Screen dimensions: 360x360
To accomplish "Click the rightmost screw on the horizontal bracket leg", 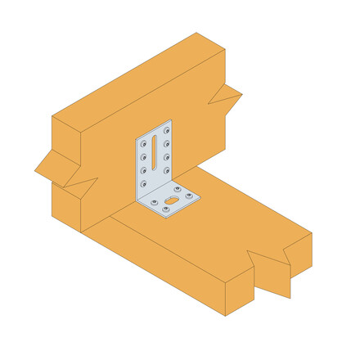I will click(x=193, y=196).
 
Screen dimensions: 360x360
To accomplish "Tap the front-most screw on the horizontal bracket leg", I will click(x=167, y=210).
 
